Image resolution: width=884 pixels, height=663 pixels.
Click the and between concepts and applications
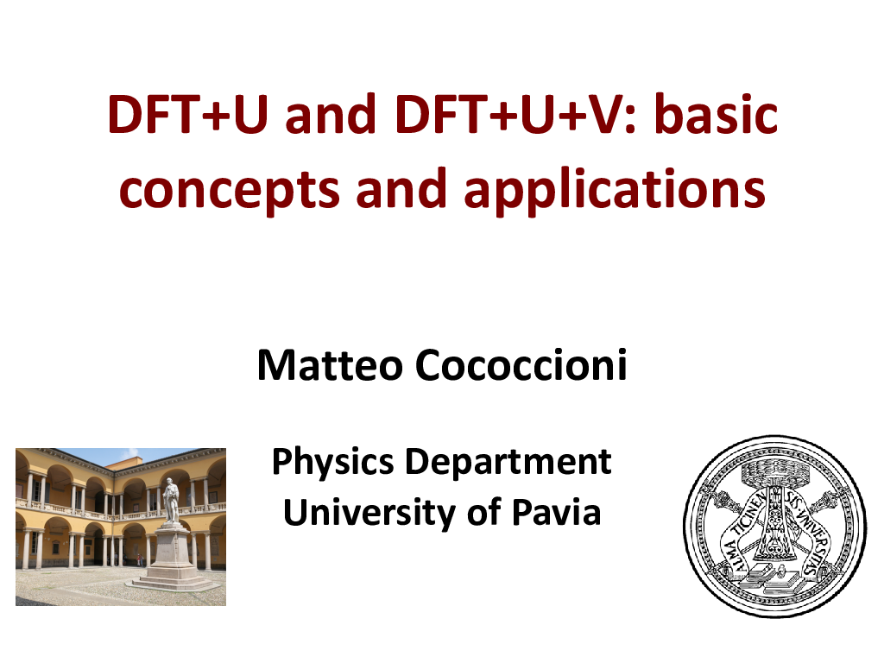404,188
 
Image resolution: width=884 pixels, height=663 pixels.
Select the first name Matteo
330,367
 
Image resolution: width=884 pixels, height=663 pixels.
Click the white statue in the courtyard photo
171,502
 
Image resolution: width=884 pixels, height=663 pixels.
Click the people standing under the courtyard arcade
139,559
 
